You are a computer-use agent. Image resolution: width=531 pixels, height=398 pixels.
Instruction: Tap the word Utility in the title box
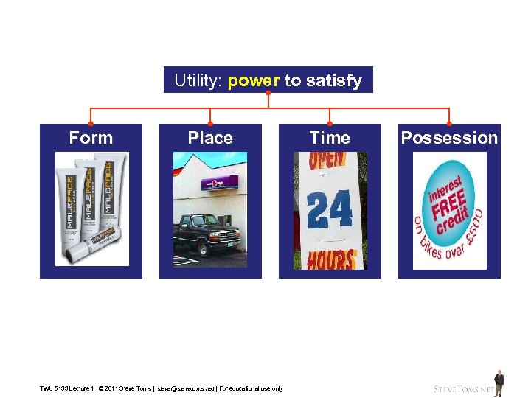pyautogui.click(x=197, y=80)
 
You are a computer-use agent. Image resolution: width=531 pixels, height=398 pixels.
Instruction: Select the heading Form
pyautogui.click(x=91, y=138)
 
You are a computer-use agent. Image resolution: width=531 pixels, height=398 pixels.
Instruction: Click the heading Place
pyautogui.click(x=210, y=138)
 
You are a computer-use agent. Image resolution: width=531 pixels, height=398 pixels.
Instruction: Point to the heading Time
pyautogui.click(x=330, y=138)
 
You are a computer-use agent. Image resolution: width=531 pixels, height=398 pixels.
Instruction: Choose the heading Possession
pyautogui.click(x=449, y=138)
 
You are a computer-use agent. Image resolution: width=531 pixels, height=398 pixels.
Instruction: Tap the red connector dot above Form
pyautogui.click(x=91, y=123)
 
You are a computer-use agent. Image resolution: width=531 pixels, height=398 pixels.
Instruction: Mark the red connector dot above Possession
pyautogui.click(x=449, y=123)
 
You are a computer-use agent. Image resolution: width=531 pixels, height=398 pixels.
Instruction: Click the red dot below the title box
pyautogui.click(x=268, y=94)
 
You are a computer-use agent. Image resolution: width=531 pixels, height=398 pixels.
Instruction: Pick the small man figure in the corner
pyautogui.click(x=499, y=382)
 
